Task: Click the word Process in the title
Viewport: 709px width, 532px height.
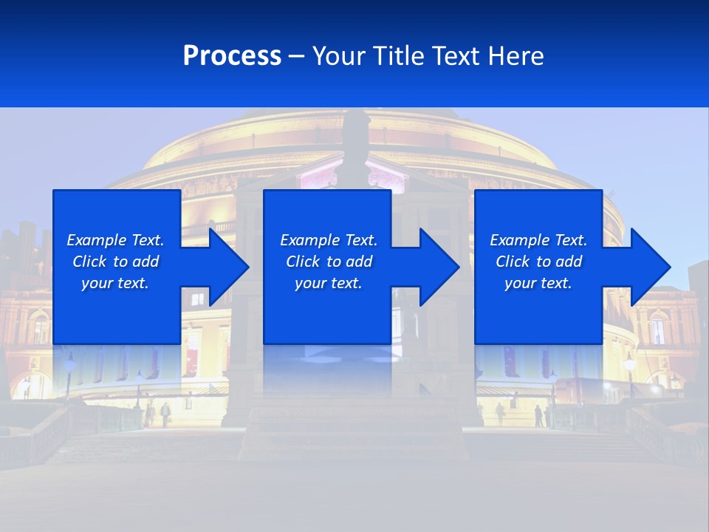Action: tap(232, 56)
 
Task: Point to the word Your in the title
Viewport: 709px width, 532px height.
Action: tap(339, 56)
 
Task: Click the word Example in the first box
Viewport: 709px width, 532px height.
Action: tap(97, 240)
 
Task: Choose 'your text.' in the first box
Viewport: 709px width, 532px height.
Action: tap(115, 283)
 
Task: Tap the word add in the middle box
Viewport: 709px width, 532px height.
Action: tap(359, 262)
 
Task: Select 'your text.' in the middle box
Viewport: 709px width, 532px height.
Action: tap(329, 283)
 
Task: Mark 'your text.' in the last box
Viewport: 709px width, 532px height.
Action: tap(538, 283)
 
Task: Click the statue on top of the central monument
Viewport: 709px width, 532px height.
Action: tap(355, 133)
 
